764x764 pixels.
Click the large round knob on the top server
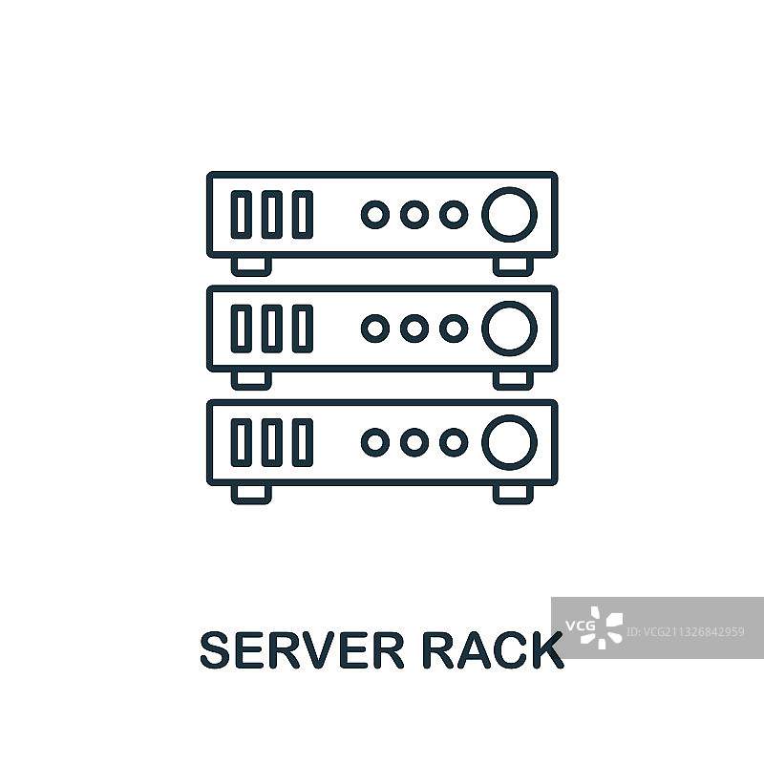[509, 214]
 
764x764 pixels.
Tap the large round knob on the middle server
[509, 329]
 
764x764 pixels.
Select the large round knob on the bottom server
[509, 442]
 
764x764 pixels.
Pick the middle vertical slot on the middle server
[272, 329]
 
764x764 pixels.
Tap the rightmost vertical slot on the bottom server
[302, 442]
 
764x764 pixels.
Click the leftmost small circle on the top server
[375, 214]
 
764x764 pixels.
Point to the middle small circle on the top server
[414, 214]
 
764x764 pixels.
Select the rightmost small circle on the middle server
[453, 329]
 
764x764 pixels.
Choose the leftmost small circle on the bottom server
[375, 442]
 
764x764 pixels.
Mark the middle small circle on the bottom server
[414, 442]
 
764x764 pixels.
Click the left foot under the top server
[252, 265]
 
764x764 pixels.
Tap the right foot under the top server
[512, 265]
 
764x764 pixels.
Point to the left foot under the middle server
[252, 379]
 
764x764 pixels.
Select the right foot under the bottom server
[512, 493]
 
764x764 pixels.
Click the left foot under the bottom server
[252, 493]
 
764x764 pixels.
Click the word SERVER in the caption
[303, 651]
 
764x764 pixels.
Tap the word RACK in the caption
[493, 651]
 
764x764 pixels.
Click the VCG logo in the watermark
[594, 627]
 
